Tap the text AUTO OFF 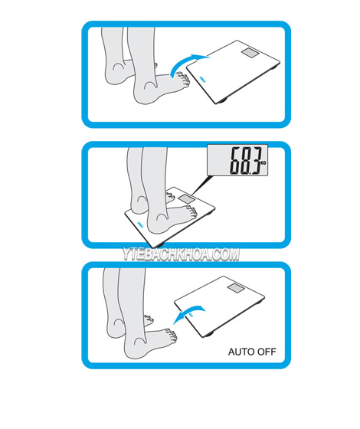252,352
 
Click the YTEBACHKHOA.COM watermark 181,254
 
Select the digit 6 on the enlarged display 236,161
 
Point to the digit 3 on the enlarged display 255,161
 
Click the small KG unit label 263,162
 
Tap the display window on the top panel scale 250,53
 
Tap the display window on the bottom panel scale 236,288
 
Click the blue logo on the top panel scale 202,79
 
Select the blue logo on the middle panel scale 139,224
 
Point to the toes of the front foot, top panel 184,80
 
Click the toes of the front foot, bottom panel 172,336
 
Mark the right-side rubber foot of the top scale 274,67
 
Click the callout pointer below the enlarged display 201,185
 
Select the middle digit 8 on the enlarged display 246,161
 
